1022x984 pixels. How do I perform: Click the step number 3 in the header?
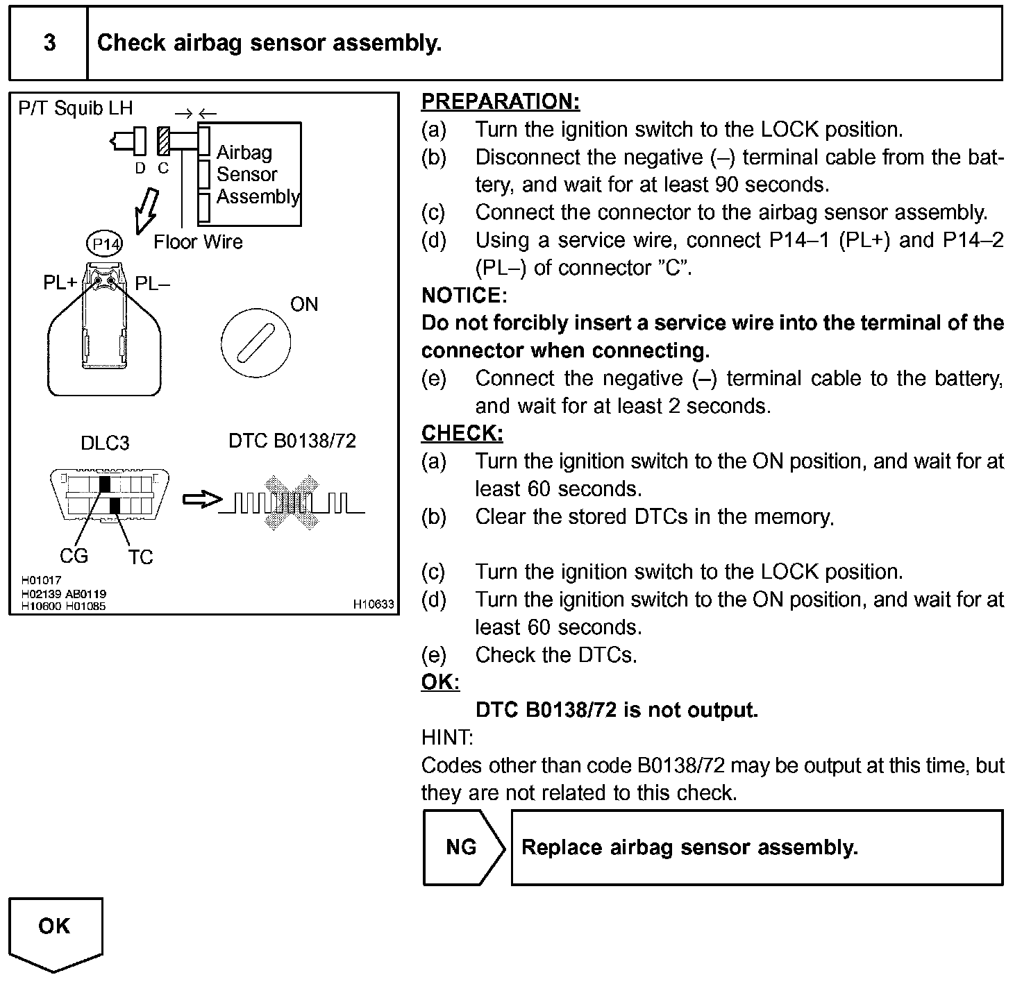[x=49, y=43]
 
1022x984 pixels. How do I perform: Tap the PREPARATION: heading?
[x=500, y=102]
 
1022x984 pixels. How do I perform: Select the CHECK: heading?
[x=462, y=434]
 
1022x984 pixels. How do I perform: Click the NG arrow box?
[x=462, y=847]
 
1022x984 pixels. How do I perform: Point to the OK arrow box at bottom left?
[x=55, y=930]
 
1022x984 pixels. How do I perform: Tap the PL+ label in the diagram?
[x=60, y=284]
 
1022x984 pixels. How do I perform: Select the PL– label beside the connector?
[x=152, y=284]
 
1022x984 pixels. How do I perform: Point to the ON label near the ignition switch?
[x=304, y=305]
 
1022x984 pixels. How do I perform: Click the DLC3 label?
[x=105, y=443]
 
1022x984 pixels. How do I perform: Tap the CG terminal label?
[x=74, y=556]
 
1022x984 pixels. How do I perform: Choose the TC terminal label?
[x=140, y=557]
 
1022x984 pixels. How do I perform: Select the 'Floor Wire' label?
[x=198, y=242]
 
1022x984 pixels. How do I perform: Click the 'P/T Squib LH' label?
[x=75, y=108]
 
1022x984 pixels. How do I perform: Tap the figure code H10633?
[x=374, y=605]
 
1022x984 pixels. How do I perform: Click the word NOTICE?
[x=464, y=296]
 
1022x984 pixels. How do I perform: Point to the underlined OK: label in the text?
[x=440, y=682]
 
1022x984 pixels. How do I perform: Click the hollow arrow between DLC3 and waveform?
[x=201, y=500]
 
